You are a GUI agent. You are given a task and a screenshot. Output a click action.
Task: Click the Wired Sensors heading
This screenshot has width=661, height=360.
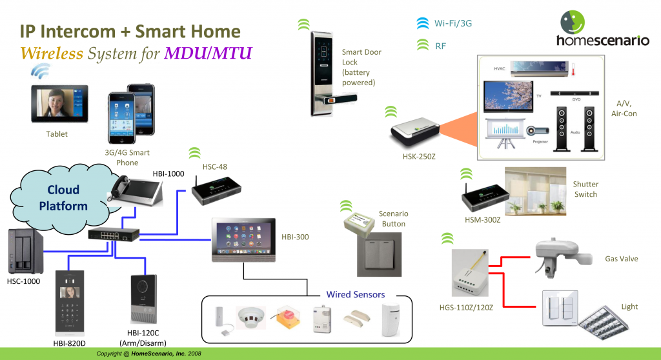(x=355, y=294)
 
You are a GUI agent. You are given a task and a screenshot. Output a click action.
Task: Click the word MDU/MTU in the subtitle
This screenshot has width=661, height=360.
(x=208, y=52)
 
